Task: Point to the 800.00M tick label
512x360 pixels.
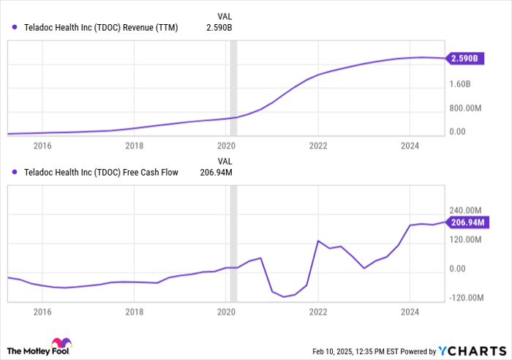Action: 469,108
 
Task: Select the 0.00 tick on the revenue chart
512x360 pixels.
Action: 458,132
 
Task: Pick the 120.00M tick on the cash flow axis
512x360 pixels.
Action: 469,239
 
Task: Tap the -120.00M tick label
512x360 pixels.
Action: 469,298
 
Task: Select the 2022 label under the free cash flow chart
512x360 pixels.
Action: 318,311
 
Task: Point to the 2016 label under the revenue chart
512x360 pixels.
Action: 42,146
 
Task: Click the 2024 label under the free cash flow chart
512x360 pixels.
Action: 410,311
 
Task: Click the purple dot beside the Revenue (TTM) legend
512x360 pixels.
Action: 15,28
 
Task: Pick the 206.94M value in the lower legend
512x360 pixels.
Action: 216,173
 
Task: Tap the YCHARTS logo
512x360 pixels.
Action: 470,350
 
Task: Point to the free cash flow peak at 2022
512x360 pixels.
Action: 318,241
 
